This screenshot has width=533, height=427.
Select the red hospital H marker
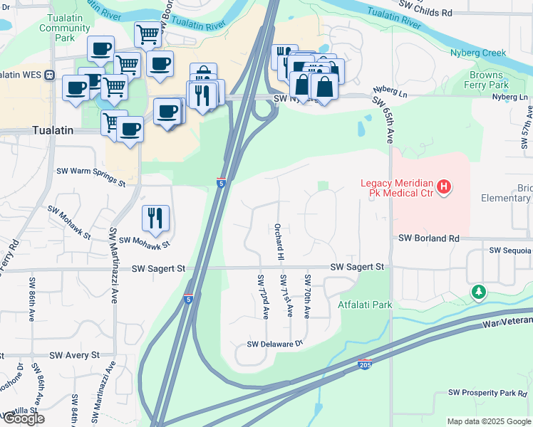[x=445, y=187]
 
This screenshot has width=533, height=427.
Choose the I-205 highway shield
[x=365, y=364]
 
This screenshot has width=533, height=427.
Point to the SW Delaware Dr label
[x=275, y=344]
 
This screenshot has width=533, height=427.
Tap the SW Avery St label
[x=74, y=355]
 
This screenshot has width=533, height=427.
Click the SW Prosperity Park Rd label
[x=487, y=393]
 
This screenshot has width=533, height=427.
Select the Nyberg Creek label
[x=477, y=53]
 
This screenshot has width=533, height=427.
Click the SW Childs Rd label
[x=425, y=12]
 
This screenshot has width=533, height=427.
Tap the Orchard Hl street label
[x=279, y=241]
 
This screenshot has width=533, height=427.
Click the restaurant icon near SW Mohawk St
[x=155, y=218]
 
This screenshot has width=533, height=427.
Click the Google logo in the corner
[x=23, y=418]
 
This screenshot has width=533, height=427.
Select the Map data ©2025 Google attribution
[x=488, y=421]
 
